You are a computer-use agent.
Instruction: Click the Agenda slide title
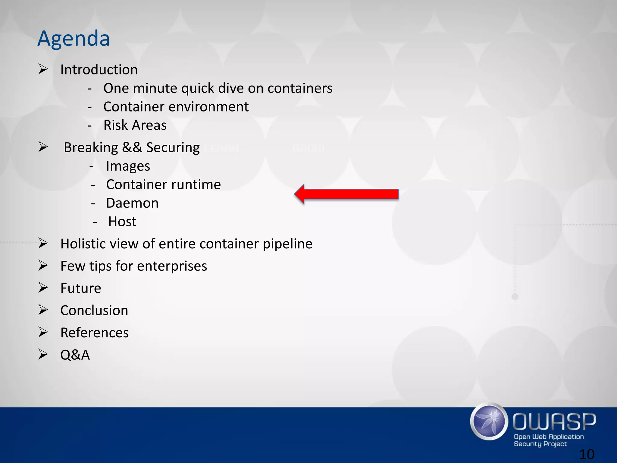coord(74,39)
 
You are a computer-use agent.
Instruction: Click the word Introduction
coord(99,70)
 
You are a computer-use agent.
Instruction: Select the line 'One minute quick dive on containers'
coord(218,88)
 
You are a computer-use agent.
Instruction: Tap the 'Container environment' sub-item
coord(176,107)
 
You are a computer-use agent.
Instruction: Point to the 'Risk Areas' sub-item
coord(135,125)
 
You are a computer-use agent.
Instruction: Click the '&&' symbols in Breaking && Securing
coord(132,147)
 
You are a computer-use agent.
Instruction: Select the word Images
coord(128,166)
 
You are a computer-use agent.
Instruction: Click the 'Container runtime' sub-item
coord(163,184)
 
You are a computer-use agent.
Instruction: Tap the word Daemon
coord(132,203)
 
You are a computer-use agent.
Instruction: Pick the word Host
coord(122,222)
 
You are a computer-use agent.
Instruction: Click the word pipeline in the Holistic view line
coord(287,244)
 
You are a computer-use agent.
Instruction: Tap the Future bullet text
coord(81,288)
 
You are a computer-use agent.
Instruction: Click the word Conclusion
coord(94,310)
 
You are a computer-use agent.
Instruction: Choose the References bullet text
coord(95,333)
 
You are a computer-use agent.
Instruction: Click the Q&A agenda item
coord(75,355)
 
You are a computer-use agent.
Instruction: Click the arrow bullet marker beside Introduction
coord(43,69)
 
